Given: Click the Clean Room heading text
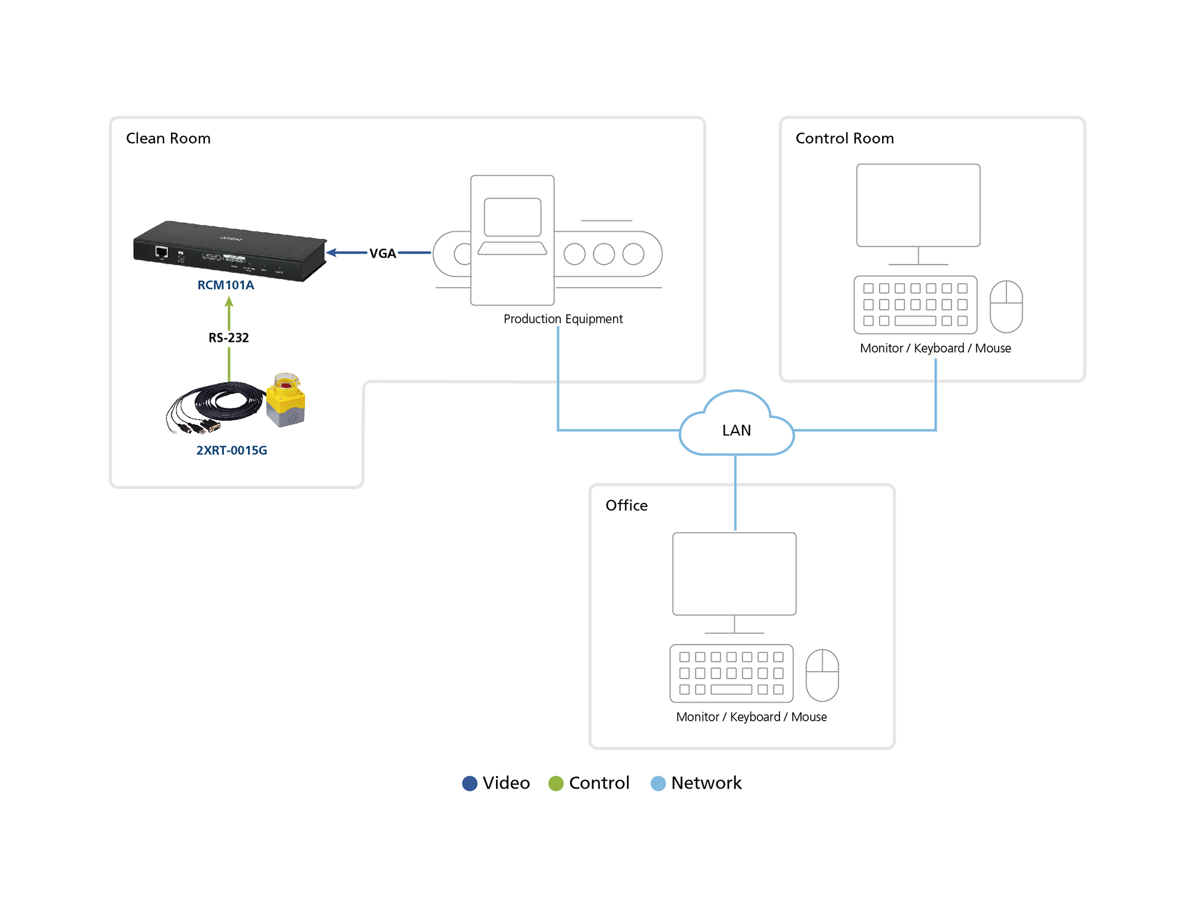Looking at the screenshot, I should pos(168,138).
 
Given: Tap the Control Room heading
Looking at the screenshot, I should pos(844,138).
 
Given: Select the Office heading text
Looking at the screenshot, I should pos(626,505).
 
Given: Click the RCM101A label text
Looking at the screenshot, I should pos(226,285).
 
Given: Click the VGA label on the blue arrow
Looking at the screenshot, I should pos(383,253).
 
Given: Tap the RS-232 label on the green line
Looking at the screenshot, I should pos(228,338).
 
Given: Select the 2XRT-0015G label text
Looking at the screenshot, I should pos(232,450).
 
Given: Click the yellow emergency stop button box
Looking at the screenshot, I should pos(286,399).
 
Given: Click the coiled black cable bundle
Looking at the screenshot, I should pos(216,405).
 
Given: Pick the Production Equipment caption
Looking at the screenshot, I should pos(563,319).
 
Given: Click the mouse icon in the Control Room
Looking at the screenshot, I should pos(1006,306).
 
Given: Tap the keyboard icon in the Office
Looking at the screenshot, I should pos(731,673).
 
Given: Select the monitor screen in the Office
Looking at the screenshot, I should pos(734,574).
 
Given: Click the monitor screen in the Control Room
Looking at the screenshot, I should pos(918,205).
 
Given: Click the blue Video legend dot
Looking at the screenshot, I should pos(470,783).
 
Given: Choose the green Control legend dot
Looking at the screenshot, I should pos(556,783).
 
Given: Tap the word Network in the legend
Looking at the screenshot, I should pos(706,783).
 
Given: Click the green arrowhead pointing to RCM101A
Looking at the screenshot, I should pos(229,302).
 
